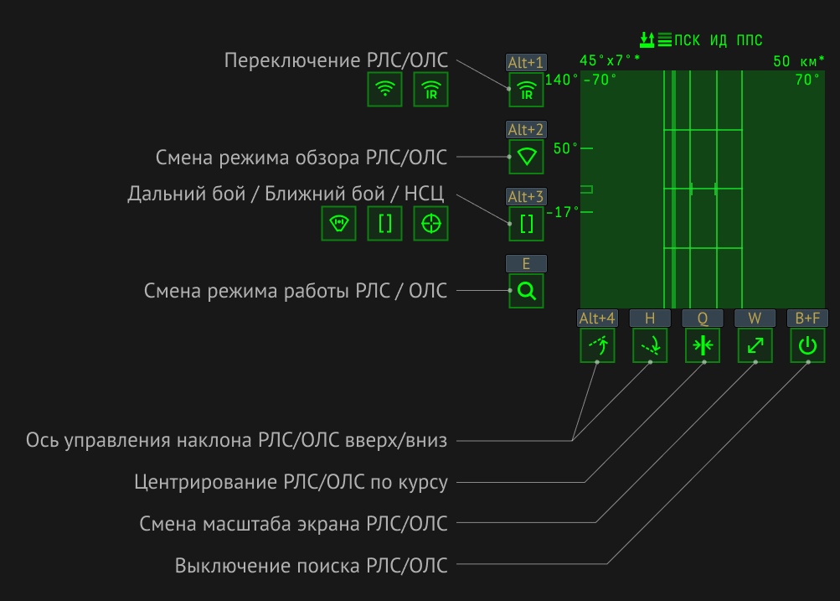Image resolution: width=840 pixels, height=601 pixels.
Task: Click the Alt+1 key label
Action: (x=526, y=62)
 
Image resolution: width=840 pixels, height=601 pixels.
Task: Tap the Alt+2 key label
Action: (x=526, y=129)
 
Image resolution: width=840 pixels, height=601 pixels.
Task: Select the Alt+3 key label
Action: (x=526, y=196)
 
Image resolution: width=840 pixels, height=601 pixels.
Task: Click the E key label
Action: (x=526, y=263)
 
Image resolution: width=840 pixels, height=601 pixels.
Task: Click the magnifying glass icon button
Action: (x=526, y=291)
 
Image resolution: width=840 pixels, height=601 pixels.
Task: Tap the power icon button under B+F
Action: (x=807, y=345)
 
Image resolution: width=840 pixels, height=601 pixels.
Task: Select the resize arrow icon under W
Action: (x=755, y=345)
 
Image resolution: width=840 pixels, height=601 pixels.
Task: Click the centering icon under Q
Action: (x=703, y=345)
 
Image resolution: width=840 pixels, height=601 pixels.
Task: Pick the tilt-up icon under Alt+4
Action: (x=597, y=345)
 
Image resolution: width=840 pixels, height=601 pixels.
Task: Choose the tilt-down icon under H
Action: (x=650, y=345)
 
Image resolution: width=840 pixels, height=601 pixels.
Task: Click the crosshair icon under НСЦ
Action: (x=430, y=223)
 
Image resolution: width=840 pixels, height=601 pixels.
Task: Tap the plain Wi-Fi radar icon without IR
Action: (x=384, y=89)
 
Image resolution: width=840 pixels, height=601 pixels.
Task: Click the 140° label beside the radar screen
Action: (x=561, y=80)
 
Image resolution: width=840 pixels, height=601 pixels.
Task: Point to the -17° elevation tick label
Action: (x=563, y=212)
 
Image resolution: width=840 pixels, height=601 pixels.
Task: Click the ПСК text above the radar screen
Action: (x=688, y=40)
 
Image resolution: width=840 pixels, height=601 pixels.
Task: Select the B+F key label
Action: (x=807, y=318)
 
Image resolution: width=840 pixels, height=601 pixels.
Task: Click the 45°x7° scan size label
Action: (x=610, y=60)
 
